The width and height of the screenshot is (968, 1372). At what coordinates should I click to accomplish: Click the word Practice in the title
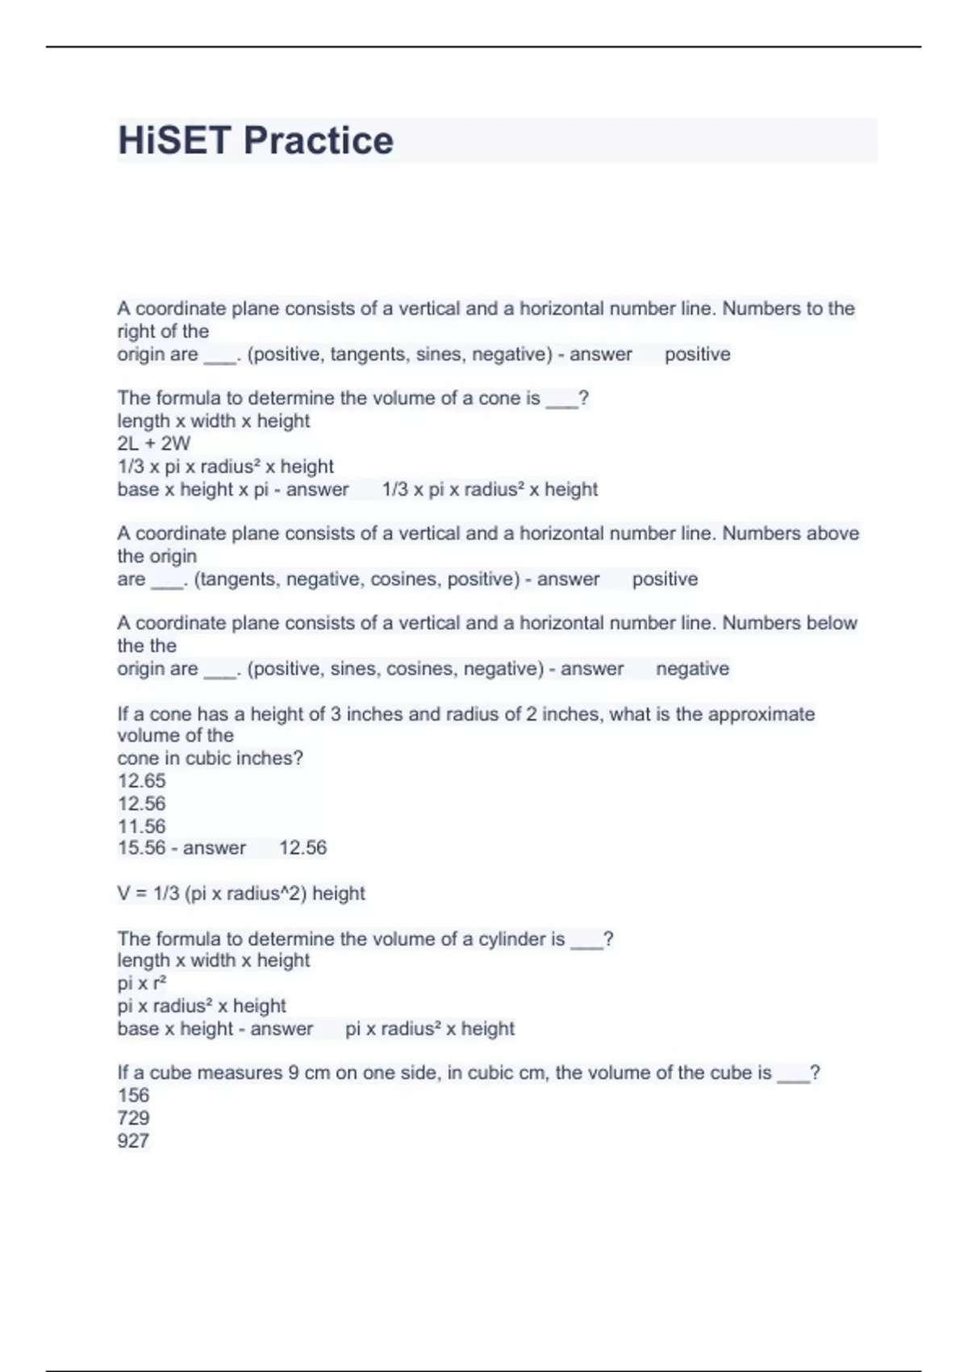click(x=318, y=140)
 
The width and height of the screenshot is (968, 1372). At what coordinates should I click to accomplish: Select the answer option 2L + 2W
click(x=154, y=443)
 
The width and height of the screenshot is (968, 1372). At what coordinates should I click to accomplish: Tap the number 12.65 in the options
click(x=141, y=780)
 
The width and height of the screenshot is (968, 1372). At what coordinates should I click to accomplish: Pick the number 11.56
click(x=141, y=826)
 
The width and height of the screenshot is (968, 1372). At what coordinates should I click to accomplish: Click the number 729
click(x=133, y=1118)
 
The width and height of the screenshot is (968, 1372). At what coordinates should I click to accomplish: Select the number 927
click(x=133, y=1140)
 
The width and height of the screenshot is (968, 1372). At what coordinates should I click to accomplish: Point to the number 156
click(x=133, y=1095)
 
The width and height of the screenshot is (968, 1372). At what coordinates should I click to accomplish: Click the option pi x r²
click(x=142, y=983)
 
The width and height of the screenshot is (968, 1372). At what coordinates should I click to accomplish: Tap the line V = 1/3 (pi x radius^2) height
click(x=241, y=893)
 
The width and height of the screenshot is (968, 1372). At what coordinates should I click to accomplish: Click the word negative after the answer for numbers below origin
click(x=692, y=668)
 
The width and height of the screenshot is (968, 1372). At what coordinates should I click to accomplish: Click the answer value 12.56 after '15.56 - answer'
click(x=302, y=847)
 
